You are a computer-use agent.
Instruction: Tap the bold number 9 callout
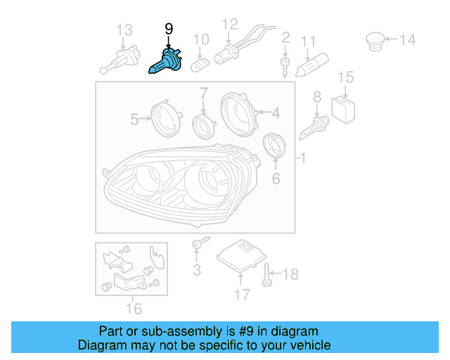[x=168, y=29]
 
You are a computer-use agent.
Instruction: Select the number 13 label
[x=124, y=30]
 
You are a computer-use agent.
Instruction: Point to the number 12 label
[x=230, y=25]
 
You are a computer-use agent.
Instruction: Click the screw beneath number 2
[x=285, y=66]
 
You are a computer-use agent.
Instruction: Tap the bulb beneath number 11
[x=312, y=65]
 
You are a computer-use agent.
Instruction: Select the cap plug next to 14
[x=375, y=39]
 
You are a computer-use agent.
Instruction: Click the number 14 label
[x=408, y=40]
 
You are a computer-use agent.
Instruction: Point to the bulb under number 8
[x=314, y=128]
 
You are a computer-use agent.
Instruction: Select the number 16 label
[x=133, y=308]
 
